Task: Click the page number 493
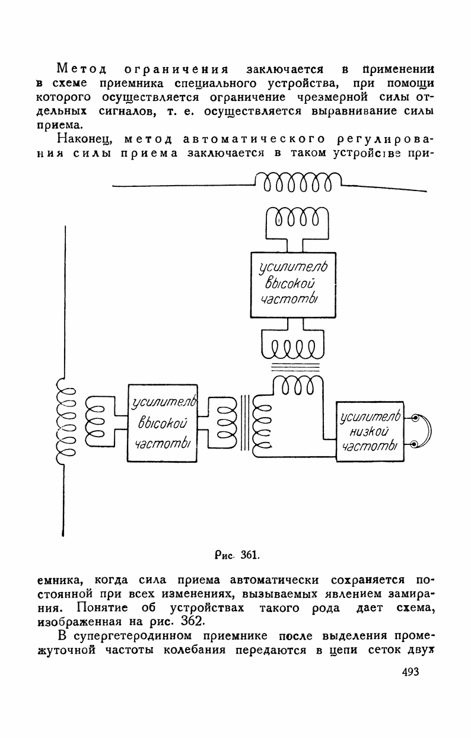(406, 672)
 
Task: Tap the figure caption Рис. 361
(236, 555)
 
